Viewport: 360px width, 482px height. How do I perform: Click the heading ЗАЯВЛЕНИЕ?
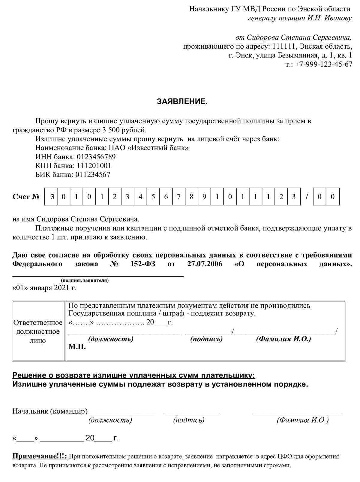pos(182,101)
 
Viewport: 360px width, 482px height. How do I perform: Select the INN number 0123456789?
pos(96,157)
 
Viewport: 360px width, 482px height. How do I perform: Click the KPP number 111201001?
pos(94,166)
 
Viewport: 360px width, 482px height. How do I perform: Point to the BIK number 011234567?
pos(93,175)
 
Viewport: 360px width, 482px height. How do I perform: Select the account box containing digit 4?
pos(140,197)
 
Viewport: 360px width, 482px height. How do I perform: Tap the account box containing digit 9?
pos(204,197)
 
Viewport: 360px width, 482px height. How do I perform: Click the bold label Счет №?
pos(26,197)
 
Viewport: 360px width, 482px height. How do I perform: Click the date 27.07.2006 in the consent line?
pos(205,264)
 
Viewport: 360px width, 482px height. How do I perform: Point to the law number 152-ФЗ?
pos(143,264)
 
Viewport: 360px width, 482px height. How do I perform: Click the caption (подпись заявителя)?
pos(85,280)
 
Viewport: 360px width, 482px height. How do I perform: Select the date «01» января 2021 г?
pos(44,288)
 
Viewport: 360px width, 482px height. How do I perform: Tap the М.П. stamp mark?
pos(77,347)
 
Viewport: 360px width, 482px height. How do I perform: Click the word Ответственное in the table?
pos(38,323)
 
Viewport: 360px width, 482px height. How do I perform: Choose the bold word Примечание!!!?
pos(40,456)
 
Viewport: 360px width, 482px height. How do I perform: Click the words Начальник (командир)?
pos(50,411)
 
